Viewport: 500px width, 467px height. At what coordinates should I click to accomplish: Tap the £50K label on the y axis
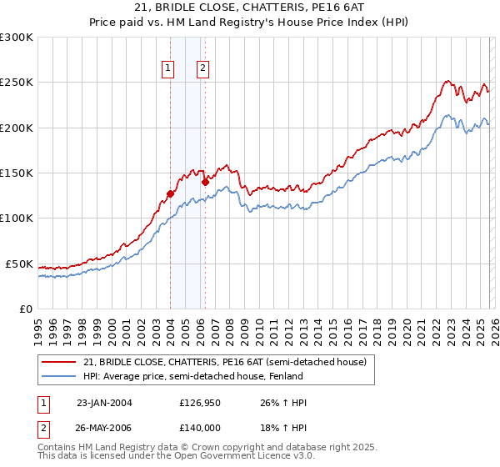tap(20, 264)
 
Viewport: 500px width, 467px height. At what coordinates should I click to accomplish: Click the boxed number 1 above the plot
tap(168, 69)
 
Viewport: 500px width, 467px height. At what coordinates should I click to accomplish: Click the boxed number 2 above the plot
tap(202, 69)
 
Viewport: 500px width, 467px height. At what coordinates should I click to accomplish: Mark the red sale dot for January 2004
tap(170, 193)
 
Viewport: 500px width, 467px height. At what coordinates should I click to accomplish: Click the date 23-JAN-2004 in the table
tap(104, 403)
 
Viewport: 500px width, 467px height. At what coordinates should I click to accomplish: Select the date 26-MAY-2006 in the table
tap(104, 426)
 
